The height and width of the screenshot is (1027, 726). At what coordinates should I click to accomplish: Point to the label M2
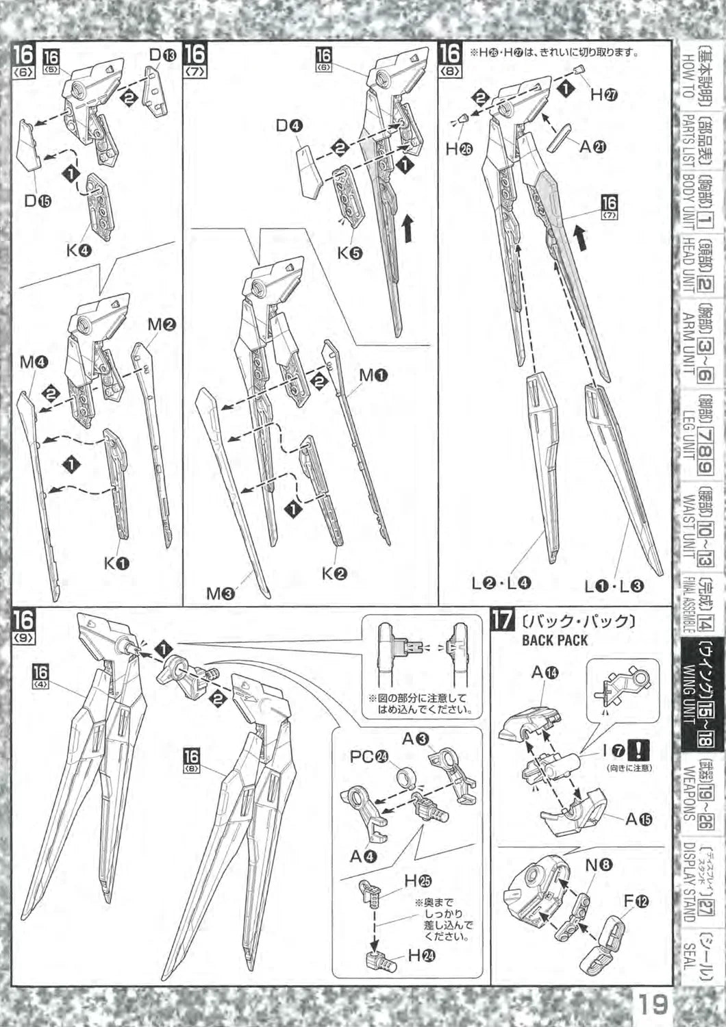point(162,325)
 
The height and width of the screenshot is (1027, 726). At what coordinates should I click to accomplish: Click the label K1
point(117,563)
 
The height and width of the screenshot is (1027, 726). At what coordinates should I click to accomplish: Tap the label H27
point(604,95)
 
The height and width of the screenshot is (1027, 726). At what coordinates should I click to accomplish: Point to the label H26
point(459,149)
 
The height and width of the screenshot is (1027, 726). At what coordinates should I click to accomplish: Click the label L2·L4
point(502,584)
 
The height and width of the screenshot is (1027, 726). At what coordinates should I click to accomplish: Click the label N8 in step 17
point(599,865)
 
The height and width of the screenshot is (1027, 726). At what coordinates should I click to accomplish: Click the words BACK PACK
point(555,640)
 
